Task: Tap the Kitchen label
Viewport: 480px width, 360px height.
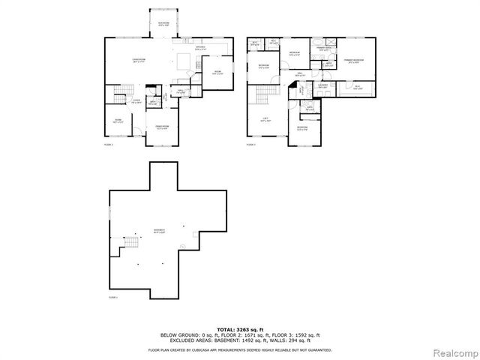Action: [200, 49]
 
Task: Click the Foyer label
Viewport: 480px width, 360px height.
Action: [136, 100]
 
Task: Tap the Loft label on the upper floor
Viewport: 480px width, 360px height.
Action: [267, 120]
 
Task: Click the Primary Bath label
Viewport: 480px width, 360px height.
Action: [323, 49]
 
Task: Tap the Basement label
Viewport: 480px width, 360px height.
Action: [159, 230]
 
